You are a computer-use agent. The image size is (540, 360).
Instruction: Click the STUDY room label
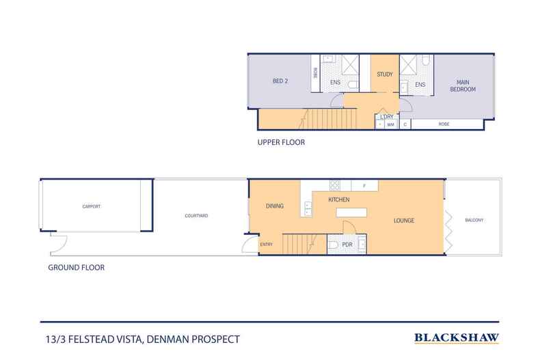pyautogui.click(x=385, y=74)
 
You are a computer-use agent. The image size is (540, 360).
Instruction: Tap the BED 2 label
pyautogui.click(x=281, y=81)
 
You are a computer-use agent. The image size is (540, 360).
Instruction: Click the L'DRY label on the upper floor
pyautogui.click(x=386, y=117)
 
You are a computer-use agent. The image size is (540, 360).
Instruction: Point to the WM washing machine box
pyautogui.click(x=391, y=125)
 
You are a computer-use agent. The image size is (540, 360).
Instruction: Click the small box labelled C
pyautogui.click(x=405, y=125)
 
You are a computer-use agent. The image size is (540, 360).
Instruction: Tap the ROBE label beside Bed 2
pyautogui.click(x=314, y=72)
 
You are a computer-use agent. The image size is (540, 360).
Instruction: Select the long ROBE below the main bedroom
pyautogui.click(x=444, y=125)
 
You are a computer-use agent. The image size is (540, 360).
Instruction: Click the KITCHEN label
pyautogui.click(x=339, y=199)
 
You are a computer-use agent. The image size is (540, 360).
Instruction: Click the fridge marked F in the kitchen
pyautogui.click(x=364, y=185)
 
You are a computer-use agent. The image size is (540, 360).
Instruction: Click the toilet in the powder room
pyautogui.click(x=332, y=245)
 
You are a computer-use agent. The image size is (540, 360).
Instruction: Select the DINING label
pyautogui.click(x=275, y=206)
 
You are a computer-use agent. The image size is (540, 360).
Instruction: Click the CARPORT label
pyautogui.click(x=92, y=205)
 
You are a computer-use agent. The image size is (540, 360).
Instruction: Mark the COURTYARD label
pyautogui.click(x=196, y=216)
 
